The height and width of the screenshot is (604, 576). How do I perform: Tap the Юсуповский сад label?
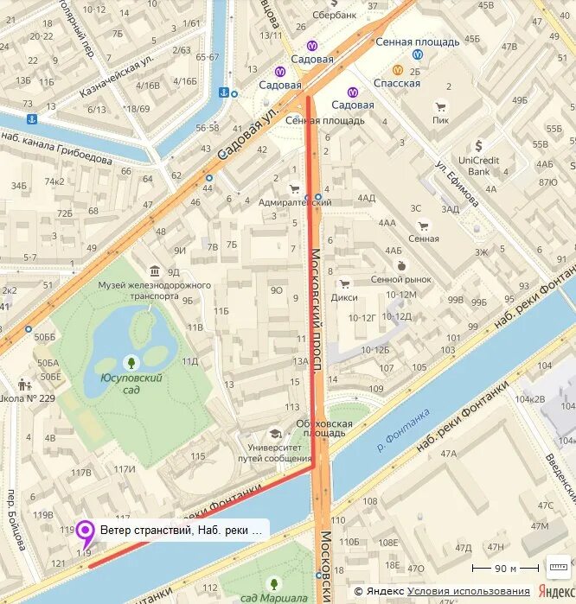click(x=131, y=383)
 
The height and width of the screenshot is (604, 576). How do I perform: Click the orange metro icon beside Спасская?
click(x=398, y=70)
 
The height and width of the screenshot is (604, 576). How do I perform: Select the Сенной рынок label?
click(x=400, y=280)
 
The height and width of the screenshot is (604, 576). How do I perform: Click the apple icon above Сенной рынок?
click(x=400, y=265)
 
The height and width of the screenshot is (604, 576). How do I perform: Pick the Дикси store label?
click(x=344, y=297)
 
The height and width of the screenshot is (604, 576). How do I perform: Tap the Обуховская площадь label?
click(x=324, y=429)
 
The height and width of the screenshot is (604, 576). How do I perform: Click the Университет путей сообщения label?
click(x=274, y=453)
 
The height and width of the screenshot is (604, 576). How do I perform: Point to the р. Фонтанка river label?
click(x=404, y=432)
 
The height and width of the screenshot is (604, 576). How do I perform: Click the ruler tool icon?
click(x=558, y=567)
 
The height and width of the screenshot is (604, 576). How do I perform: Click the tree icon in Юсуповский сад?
click(x=131, y=362)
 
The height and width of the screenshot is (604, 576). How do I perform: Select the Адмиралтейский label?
click(x=295, y=201)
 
